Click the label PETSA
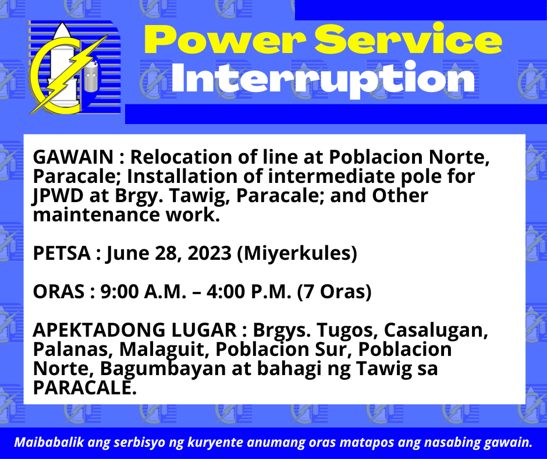[62, 253]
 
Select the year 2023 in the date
[209, 253]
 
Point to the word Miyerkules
[297, 253]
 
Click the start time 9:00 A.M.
[143, 292]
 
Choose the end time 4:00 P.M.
[248, 292]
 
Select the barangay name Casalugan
[436, 330]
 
